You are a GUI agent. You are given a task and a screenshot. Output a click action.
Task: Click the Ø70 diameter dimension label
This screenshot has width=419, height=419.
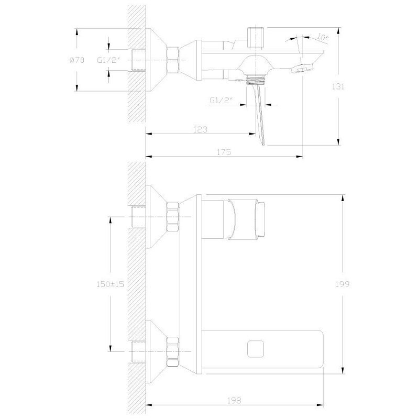pyautogui.click(x=76, y=60)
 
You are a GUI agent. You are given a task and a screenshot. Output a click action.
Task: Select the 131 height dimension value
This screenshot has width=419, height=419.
pyautogui.click(x=338, y=86)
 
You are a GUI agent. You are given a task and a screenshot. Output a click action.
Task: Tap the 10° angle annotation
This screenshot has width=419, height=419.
pyautogui.click(x=323, y=37)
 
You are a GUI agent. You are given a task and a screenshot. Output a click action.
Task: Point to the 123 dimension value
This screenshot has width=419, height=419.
pyautogui.click(x=201, y=129)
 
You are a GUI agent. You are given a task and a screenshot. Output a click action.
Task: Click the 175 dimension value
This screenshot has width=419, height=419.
pyautogui.click(x=224, y=152)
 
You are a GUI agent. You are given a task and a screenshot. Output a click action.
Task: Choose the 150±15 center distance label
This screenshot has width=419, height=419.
pyautogui.click(x=111, y=284)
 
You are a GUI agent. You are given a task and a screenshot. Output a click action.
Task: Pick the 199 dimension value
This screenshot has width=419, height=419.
pyautogui.click(x=343, y=284)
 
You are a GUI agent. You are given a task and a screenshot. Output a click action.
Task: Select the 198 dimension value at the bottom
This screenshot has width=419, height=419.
pyautogui.click(x=234, y=401)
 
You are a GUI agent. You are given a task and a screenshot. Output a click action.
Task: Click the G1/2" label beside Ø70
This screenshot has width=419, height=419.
pyautogui.click(x=109, y=60)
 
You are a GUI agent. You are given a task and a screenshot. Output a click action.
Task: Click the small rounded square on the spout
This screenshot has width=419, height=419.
pyautogui.click(x=256, y=349)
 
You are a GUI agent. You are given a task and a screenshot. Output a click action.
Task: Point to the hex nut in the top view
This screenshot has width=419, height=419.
pyautogui.click(x=173, y=60)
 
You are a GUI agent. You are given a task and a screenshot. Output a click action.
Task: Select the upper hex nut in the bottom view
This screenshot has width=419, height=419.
pyautogui.click(x=173, y=216)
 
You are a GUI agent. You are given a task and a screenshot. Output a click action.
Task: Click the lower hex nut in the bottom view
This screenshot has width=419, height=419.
pyautogui.click(x=173, y=351)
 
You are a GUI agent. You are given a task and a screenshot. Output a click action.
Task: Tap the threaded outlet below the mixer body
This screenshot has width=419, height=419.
pyautogui.click(x=256, y=80)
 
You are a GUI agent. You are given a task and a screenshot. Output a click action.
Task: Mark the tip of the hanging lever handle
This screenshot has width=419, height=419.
pyautogui.click(x=263, y=145)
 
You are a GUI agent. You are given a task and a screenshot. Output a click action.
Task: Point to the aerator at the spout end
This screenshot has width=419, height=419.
pyautogui.click(x=302, y=69)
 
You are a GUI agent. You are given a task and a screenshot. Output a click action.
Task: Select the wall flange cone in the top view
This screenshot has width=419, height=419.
pyautogui.click(x=156, y=60)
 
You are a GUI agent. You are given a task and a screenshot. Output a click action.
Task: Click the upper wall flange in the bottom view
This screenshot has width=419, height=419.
pyautogui.click(x=156, y=216)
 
